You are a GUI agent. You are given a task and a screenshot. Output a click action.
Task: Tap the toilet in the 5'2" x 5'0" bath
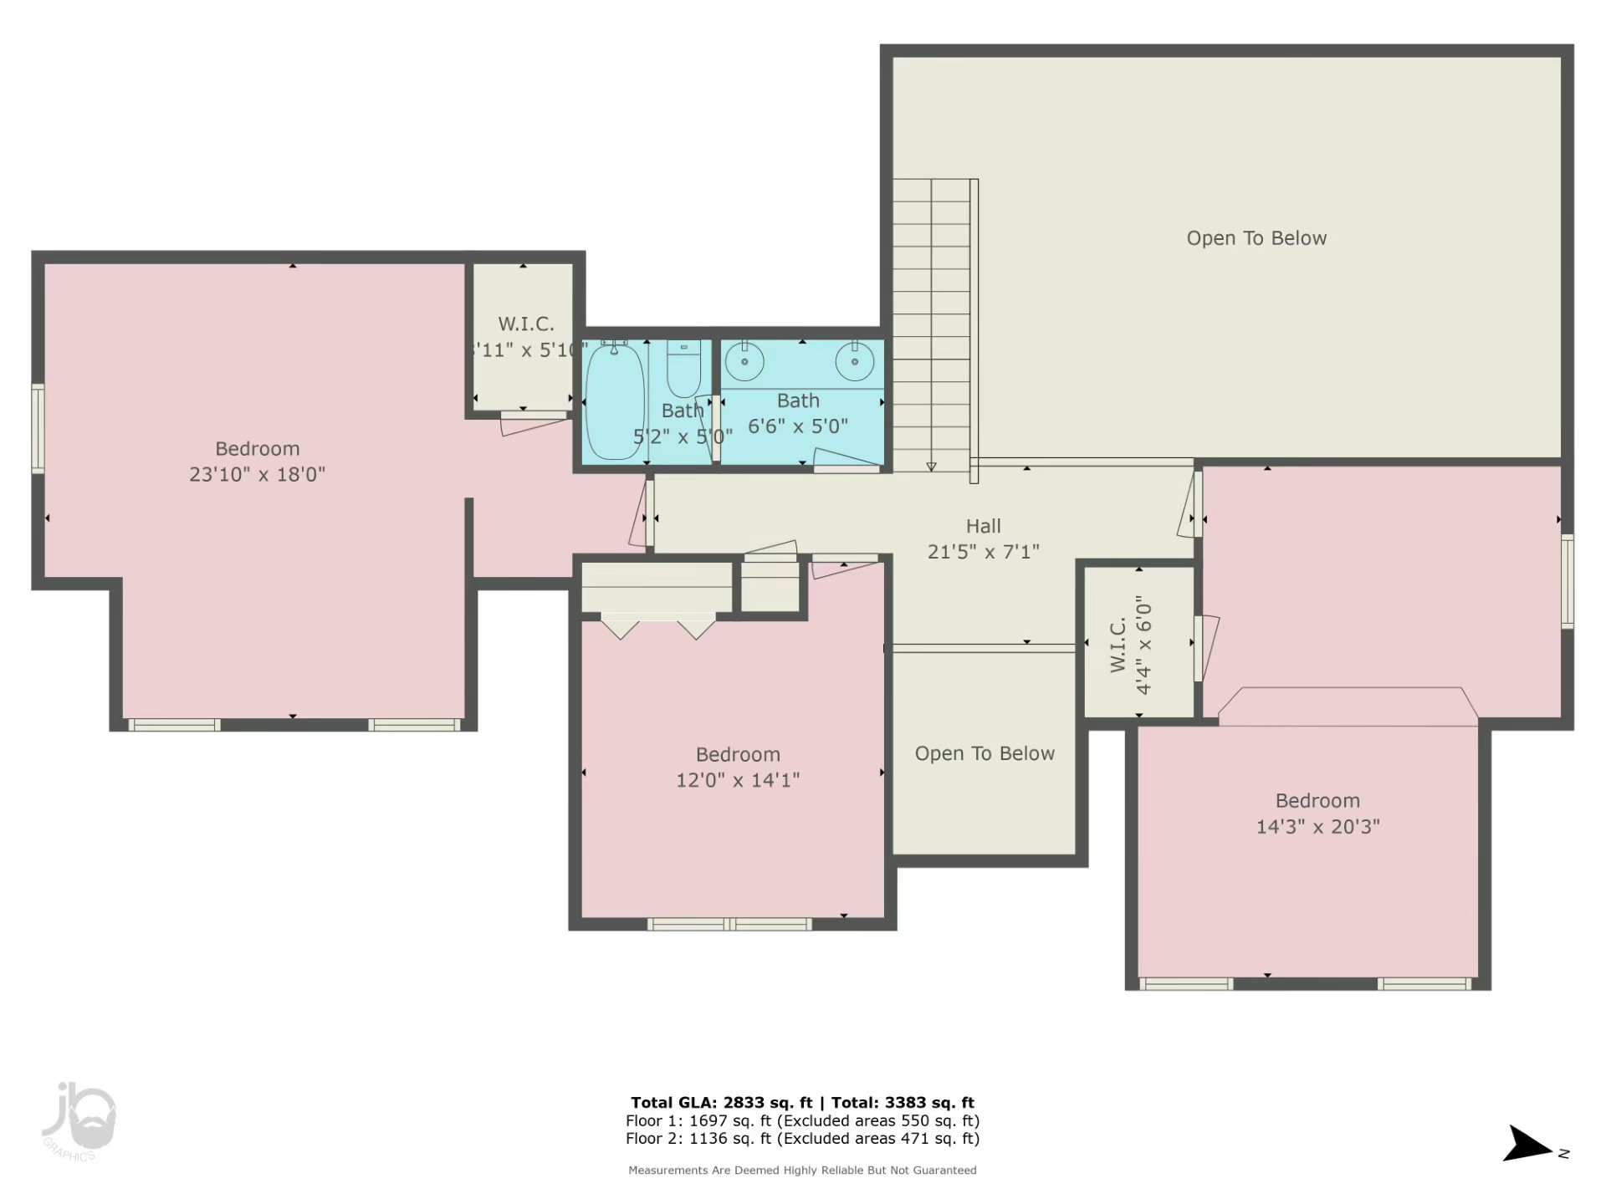[683, 370]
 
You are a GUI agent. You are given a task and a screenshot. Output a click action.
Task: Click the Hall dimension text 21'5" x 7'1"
[983, 552]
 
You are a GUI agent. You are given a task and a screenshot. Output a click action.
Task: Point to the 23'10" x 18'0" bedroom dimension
[257, 474]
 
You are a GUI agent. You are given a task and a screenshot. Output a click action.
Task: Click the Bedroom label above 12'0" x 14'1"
[737, 755]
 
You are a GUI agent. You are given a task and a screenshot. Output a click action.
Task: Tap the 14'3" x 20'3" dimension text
[1317, 827]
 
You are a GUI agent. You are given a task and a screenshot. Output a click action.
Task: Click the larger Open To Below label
[1256, 238]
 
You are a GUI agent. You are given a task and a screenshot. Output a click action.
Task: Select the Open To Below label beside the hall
[984, 753]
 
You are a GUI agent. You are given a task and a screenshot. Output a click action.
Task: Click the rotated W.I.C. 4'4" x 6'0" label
[1131, 645]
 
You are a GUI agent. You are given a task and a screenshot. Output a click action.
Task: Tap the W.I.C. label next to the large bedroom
[526, 324]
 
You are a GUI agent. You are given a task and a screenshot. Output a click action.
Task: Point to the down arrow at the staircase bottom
[931, 467]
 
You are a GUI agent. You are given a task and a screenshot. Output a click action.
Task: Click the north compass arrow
[1527, 1145]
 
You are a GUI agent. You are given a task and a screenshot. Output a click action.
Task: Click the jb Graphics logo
[79, 1120]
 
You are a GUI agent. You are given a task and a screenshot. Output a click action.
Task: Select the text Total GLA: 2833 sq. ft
[721, 1103]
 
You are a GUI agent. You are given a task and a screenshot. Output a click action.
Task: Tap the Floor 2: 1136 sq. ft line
[801, 1139]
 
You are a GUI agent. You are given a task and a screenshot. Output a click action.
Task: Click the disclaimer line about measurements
[801, 1171]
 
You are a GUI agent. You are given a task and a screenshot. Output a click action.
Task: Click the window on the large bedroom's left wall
[38, 429]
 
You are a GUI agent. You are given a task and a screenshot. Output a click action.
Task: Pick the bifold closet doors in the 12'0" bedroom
[657, 627]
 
